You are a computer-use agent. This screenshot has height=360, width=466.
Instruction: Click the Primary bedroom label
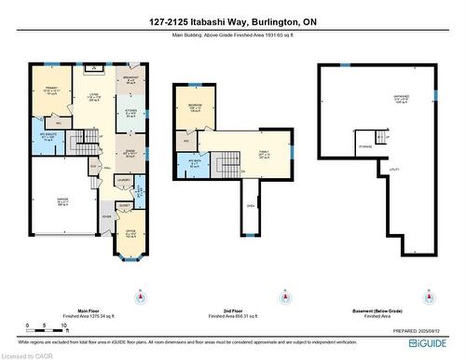coord(50,90)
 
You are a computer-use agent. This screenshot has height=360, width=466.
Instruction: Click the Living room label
coord(93,96)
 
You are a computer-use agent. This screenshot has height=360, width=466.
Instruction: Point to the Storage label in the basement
coord(367,145)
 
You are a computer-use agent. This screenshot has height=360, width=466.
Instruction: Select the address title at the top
coord(232,21)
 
